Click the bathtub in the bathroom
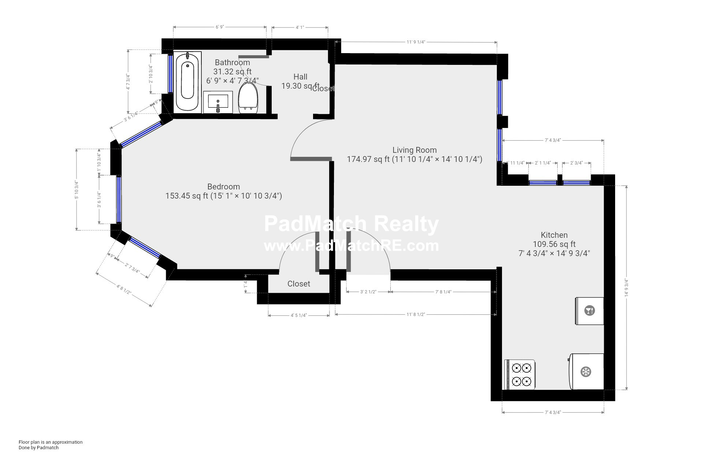pos(187,82)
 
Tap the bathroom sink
pos(218,102)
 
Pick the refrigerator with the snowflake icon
pos(586,372)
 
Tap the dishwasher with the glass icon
pos(589,311)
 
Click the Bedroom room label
pos(223,187)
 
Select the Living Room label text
pos(414,150)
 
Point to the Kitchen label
pos(554,235)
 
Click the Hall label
pos(300,77)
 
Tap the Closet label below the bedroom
pos(298,284)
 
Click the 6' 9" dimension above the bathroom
pos(219,27)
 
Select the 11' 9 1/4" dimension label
pos(416,42)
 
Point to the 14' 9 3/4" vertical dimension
pos(626,288)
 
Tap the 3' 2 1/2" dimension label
pos(368,292)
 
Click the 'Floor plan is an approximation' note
pos(51,442)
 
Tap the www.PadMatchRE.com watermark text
pos(351,245)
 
